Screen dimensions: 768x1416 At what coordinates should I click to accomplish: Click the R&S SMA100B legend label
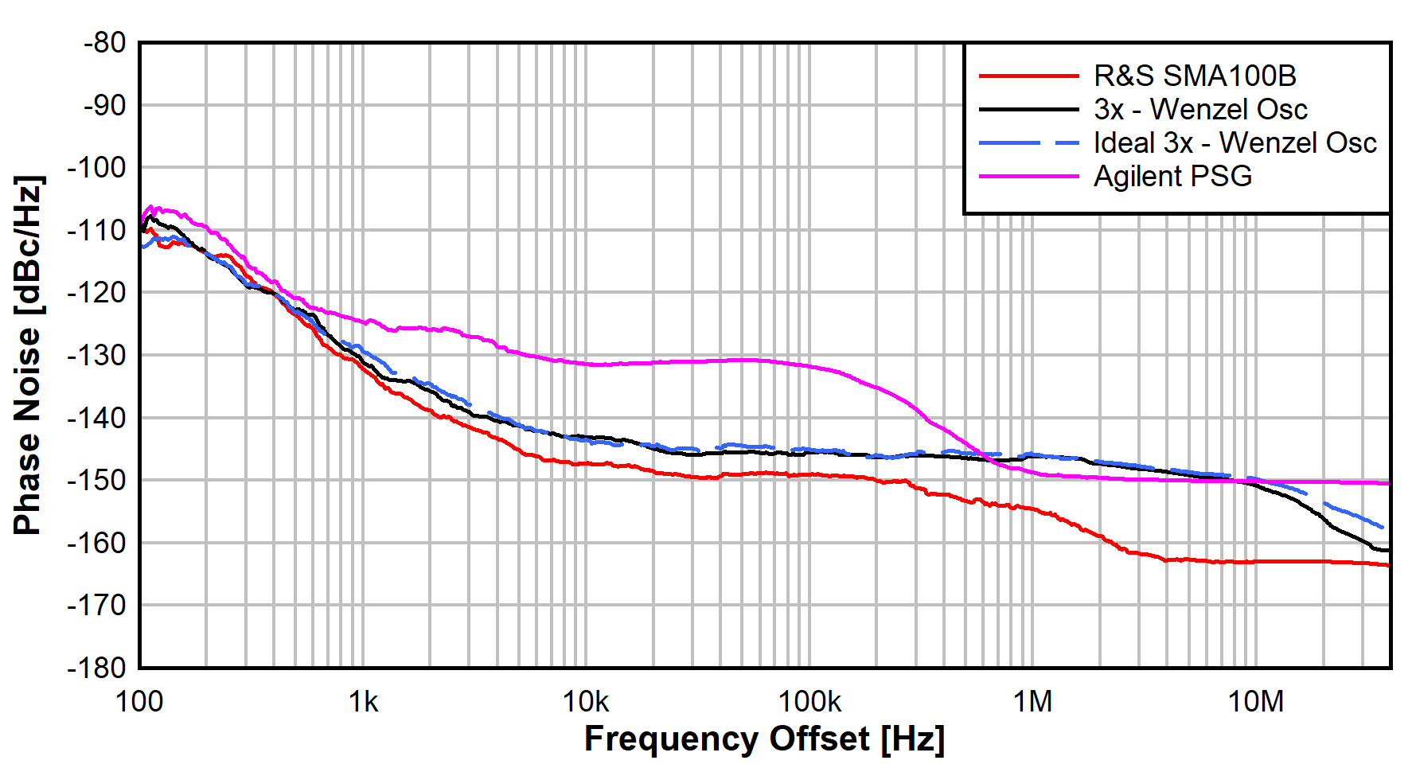pos(1194,76)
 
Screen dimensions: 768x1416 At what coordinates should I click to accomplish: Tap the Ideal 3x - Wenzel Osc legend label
pos(1234,143)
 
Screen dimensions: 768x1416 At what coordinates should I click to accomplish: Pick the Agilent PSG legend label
pos(1172,177)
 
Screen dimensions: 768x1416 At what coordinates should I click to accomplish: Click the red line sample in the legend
pos(1028,76)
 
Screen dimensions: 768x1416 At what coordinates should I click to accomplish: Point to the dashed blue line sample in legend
pos(1028,143)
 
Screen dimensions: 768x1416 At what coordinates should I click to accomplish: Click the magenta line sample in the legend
pos(1028,177)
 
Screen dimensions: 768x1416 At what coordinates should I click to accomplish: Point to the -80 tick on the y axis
pos(104,43)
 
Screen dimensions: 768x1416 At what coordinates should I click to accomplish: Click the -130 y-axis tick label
pos(98,356)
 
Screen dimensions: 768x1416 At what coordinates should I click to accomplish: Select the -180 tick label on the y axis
pos(98,668)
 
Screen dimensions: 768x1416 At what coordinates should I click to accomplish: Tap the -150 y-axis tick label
pos(98,481)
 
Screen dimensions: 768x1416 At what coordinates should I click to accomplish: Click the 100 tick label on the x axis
pos(139,702)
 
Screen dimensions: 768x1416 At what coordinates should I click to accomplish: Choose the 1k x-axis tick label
pos(363,702)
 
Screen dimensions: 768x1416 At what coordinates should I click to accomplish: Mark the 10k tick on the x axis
pos(586,702)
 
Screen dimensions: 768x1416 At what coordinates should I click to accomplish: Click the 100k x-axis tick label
pos(809,702)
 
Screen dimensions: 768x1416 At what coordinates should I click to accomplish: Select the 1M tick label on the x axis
pos(1032,702)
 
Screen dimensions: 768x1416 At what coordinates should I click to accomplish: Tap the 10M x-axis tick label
pos(1256,702)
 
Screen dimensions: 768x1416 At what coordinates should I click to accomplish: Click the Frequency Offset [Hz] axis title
pos(764,739)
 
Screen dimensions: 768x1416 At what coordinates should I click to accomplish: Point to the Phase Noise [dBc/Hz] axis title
pos(28,355)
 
